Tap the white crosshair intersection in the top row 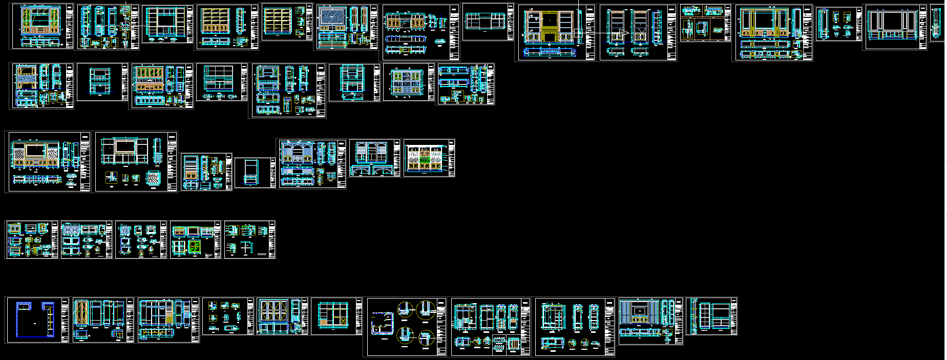pos(126,24)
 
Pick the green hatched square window pos(194,248)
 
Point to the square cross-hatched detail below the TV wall pos(153,178)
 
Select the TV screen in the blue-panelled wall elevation pos(640,310)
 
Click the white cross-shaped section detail pos(246,248)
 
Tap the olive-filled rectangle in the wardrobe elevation pos(170,319)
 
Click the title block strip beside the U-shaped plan pos(65,320)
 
